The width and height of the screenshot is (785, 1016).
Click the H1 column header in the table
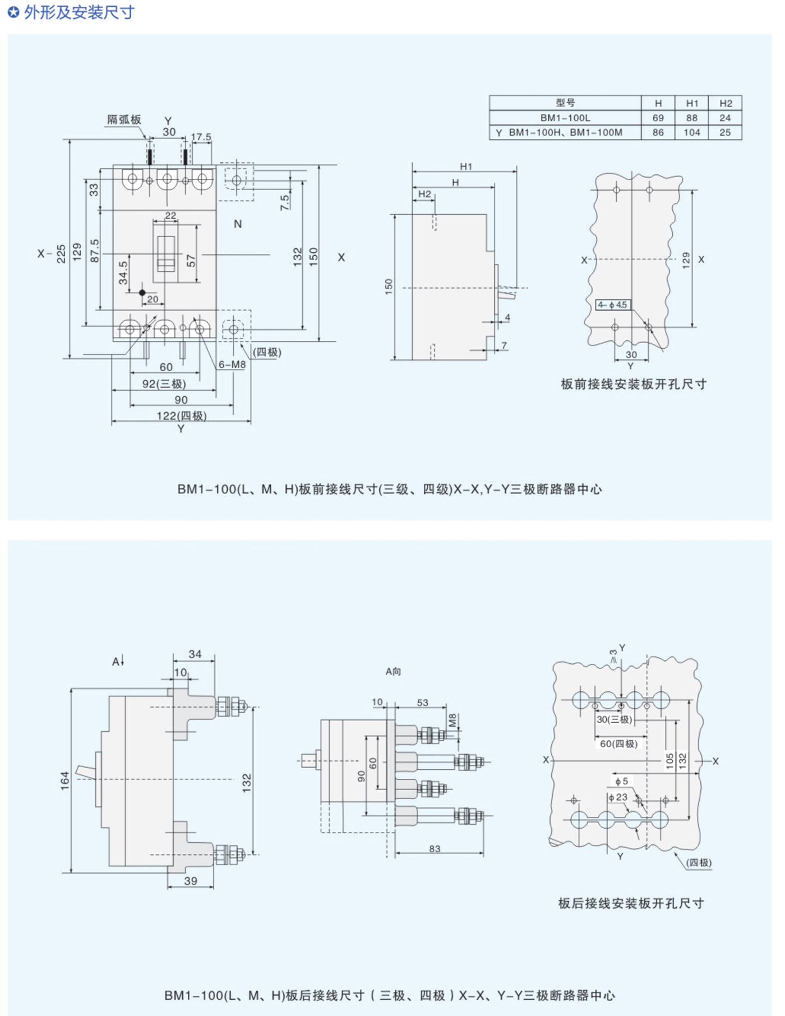pyautogui.click(x=692, y=103)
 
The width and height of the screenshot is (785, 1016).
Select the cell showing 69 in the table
pyautogui.click(x=658, y=118)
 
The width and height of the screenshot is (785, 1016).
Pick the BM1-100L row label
pyautogui.click(x=565, y=118)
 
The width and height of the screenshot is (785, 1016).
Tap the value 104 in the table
pyautogui.click(x=692, y=132)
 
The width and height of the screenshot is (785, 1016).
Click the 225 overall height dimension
pyautogui.click(x=61, y=253)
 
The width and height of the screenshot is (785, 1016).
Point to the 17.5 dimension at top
pyautogui.click(x=201, y=137)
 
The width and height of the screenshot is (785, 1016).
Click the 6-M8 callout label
pyautogui.click(x=232, y=364)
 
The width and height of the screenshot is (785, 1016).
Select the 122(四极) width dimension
pyautogui.click(x=181, y=415)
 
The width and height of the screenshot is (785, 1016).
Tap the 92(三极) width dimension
pyautogui.click(x=164, y=384)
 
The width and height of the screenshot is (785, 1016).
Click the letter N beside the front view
pyautogui.click(x=238, y=224)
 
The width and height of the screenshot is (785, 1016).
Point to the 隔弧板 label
pyautogui.click(x=124, y=119)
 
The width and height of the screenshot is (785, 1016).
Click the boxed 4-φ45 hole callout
pyautogui.click(x=612, y=305)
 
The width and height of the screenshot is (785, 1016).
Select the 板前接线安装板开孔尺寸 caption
pyautogui.click(x=634, y=384)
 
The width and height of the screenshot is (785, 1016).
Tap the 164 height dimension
pyautogui.click(x=65, y=781)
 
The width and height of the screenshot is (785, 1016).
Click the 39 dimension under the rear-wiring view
pyautogui.click(x=191, y=881)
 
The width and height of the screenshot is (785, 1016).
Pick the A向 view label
pyautogui.click(x=393, y=671)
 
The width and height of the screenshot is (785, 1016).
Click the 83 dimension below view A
pyautogui.click(x=435, y=849)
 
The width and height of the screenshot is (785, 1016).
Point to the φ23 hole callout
pyautogui.click(x=618, y=797)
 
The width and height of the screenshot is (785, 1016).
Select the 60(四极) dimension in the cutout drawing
pyautogui.click(x=618, y=744)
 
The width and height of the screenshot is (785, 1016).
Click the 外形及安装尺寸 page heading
pyautogui.click(x=78, y=12)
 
